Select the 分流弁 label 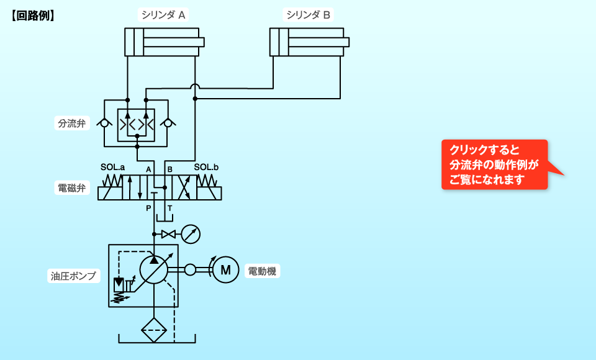[x=72, y=123]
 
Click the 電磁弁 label [x=72, y=187]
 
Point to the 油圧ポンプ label [x=73, y=276]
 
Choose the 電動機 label [x=263, y=271]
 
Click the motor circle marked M [x=225, y=270]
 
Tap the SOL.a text [x=112, y=168]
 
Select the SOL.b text [x=206, y=168]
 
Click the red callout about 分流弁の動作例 [x=494, y=164]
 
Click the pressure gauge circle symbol [x=191, y=234]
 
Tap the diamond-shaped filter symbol [x=154, y=330]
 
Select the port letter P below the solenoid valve [x=148, y=209]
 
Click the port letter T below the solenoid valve [x=169, y=209]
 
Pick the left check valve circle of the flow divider [x=104, y=124]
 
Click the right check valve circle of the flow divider [x=168, y=124]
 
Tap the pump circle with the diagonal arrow [x=154, y=269]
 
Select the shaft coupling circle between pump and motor [x=190, y=269]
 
